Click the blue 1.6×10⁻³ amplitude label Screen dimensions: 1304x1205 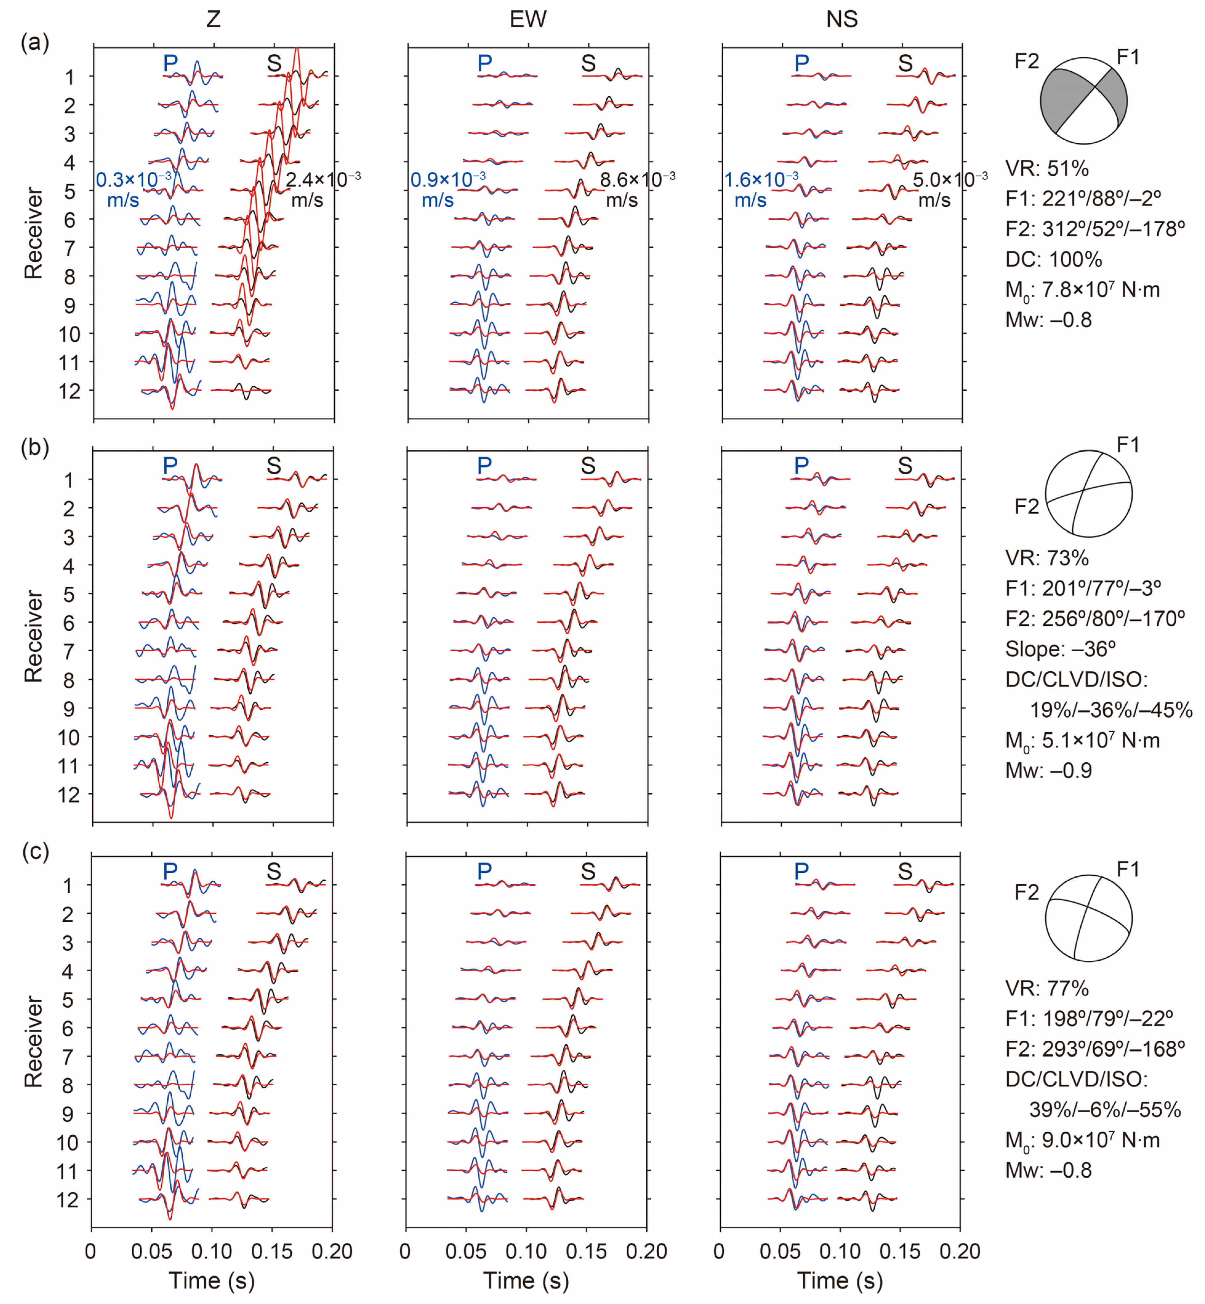[x=761, y=177]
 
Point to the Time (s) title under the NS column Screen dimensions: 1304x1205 [x=840, y=1281]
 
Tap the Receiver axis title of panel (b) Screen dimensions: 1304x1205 [x=33, y=637]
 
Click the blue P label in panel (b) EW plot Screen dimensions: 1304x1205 [x=484, y=465]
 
